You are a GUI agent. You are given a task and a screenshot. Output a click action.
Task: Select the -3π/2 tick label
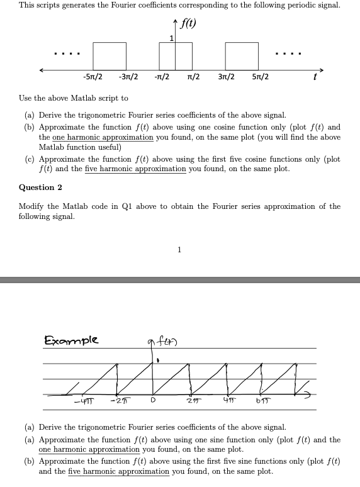tap(128, 77)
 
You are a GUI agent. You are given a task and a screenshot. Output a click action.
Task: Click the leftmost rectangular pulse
tap(110, 55)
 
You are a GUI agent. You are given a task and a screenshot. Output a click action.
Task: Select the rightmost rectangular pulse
tap(242, 55)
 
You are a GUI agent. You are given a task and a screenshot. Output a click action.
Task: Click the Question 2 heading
tap(40, 188)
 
